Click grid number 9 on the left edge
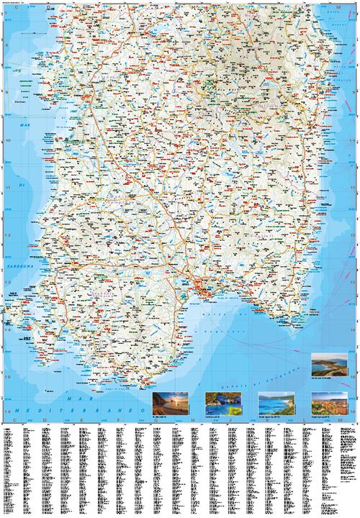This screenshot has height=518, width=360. point(6,94)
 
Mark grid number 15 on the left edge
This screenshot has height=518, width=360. point(6,377)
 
